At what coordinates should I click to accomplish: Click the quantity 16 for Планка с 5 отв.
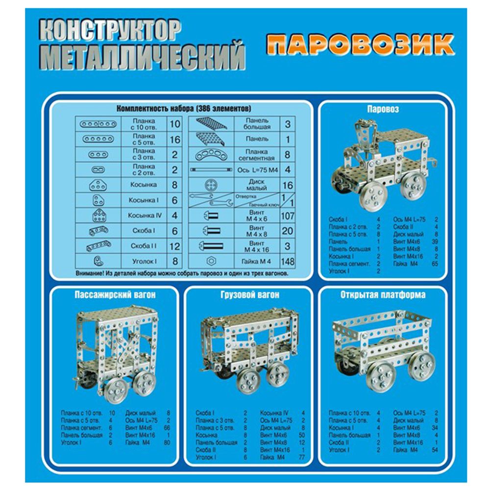point(174,140)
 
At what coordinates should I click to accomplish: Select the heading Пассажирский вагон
point(119,295)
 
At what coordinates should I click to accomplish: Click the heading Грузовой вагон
point(250,295)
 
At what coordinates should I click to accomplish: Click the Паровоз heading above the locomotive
point(383,109)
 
